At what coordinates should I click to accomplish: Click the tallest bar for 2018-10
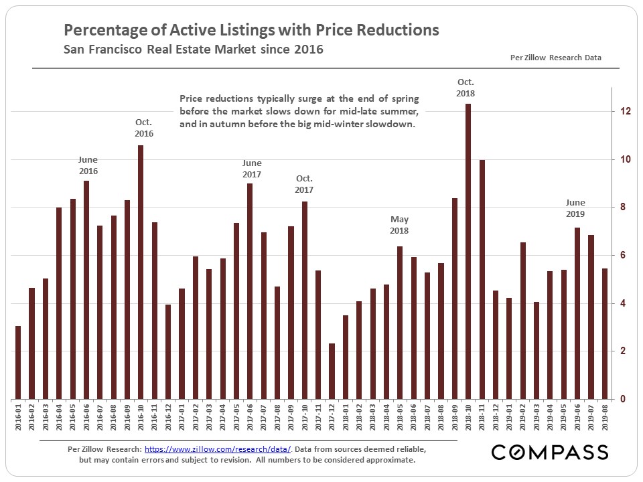point(468,251)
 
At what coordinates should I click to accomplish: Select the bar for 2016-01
point(17,362)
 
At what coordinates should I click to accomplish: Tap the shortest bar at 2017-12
point(332,371)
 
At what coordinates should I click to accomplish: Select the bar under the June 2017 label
point(250,291)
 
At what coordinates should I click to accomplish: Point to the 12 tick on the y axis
point(624,111)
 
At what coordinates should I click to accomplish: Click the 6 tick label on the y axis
point(624,255)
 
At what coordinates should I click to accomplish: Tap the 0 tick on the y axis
point(624,400)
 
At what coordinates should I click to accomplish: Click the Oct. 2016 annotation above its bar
point(143,128)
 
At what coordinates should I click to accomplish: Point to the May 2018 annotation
point(400,225)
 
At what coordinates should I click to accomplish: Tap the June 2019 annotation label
point(575,208)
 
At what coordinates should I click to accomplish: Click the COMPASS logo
point(550,452)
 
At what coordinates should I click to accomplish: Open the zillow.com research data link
point(218,448)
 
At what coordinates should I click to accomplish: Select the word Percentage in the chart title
point(101,30)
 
